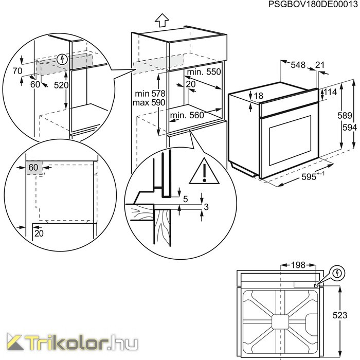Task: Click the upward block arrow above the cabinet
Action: tap(162, 21)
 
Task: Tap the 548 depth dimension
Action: tap(298, 65)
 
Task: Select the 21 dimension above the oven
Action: tap(319, 65)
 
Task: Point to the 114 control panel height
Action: tap(330, 92)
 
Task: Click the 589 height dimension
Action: tap(345, 115)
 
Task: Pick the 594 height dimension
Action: tap(350, 128)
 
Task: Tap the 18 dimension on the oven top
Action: tap(259, 96)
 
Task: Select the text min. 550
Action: tap(204, 72)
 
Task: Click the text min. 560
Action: tap(187, 115)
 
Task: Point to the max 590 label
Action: tap(149, 102)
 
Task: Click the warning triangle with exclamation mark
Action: tap(204, 171)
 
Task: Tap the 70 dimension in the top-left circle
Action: tap(17, 71)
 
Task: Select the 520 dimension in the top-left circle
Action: tap(61, 85)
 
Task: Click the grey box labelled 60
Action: tap(34, 168)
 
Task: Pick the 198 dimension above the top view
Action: tap(298, 265)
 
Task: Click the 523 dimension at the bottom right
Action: tap(340, 315)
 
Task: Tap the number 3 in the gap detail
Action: tap(206, 207)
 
